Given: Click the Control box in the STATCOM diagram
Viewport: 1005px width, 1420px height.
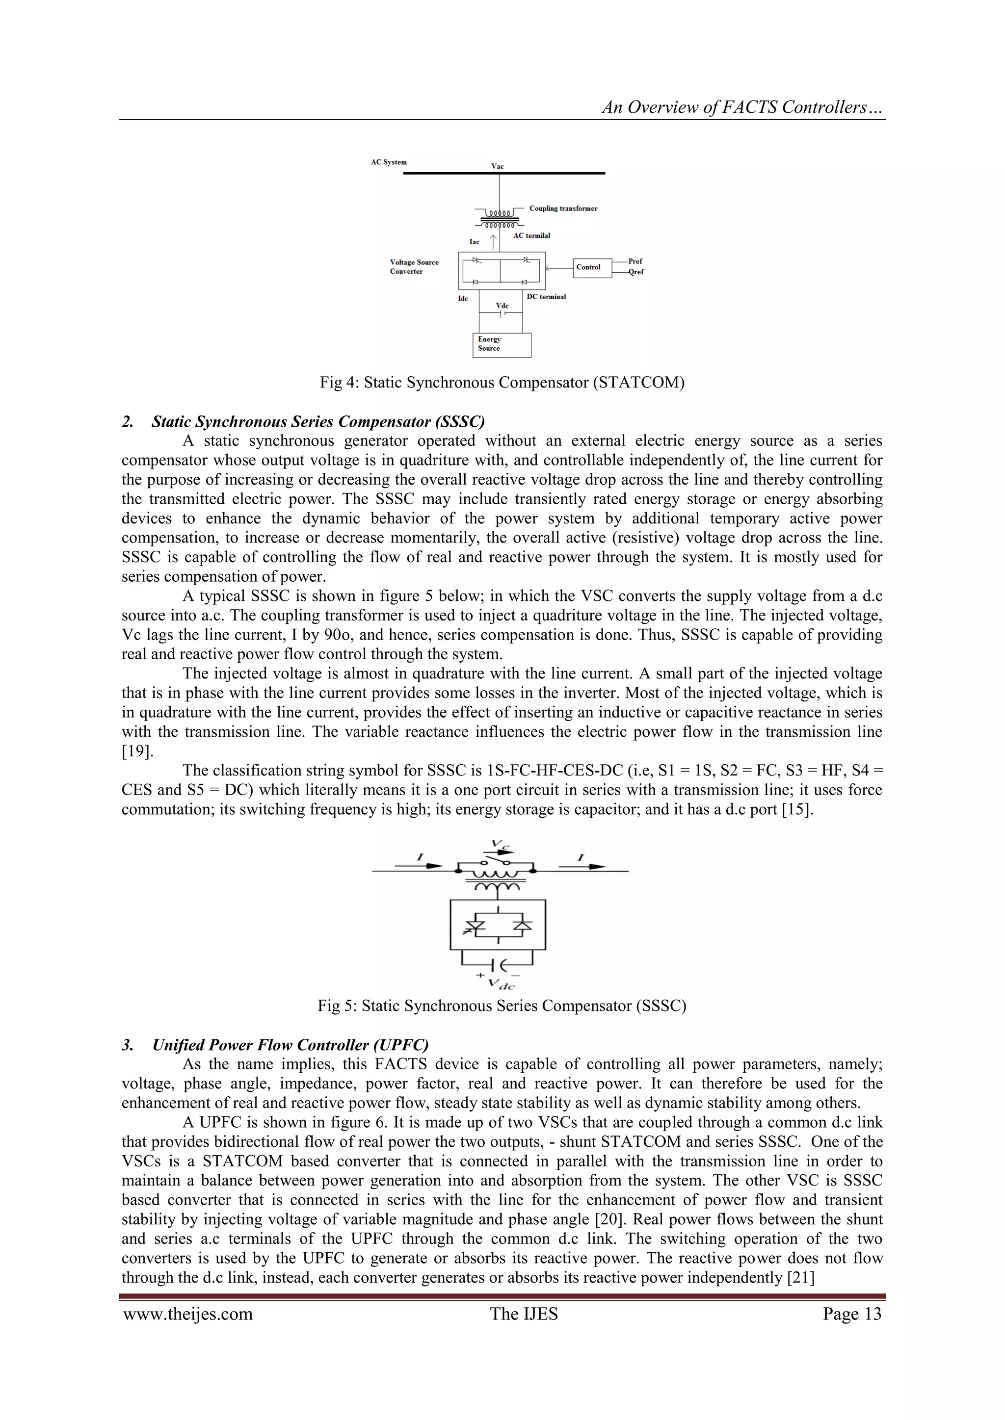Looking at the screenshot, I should (592, 267).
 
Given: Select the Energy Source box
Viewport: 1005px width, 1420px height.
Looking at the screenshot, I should (501, 344).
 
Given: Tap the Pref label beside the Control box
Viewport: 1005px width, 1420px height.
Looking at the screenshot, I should (635, 261).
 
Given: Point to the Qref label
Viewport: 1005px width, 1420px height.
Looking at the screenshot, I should (635, 272).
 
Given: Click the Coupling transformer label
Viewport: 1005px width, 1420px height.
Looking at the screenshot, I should (563, 208).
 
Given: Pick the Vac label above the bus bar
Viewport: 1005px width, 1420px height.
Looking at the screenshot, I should (498, 166).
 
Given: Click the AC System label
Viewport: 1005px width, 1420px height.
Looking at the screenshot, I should (389, 162).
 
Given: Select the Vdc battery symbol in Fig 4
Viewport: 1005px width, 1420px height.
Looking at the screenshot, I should (502, 313).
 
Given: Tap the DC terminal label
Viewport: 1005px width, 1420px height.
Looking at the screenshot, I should (546, 297).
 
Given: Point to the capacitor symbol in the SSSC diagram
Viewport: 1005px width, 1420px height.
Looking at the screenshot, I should (499, 965).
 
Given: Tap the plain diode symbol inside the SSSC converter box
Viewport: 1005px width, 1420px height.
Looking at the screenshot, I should (523, 925).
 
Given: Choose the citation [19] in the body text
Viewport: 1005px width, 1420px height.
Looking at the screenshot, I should (133, 751).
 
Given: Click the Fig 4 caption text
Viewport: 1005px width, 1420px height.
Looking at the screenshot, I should (502, 382).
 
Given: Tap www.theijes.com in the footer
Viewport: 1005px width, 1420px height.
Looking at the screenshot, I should (188, 1314).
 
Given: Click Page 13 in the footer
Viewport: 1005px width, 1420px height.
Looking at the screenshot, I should (851, 1314).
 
